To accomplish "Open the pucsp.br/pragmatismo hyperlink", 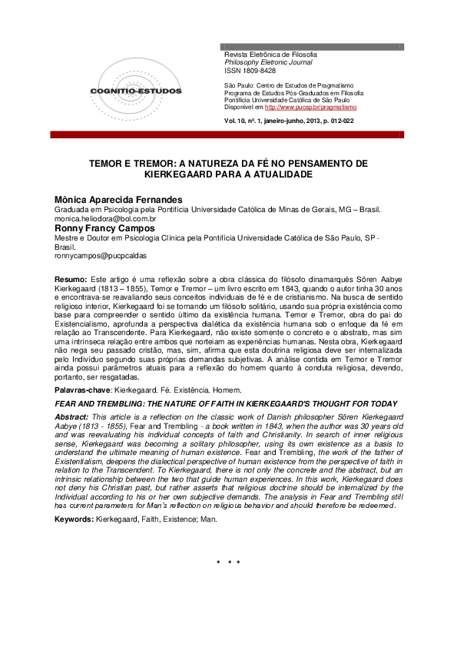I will [304, 108].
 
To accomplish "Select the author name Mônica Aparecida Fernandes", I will [121, 199].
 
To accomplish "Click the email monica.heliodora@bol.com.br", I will [105, 219].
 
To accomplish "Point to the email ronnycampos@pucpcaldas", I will [100, 256].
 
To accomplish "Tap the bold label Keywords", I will [75, 519].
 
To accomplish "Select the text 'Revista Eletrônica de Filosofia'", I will [270, 55].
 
